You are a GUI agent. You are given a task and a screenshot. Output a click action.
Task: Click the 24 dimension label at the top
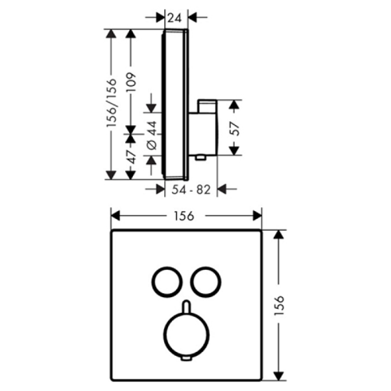[x=174, y=18]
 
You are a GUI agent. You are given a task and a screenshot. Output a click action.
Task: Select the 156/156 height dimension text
[x=111, y=103]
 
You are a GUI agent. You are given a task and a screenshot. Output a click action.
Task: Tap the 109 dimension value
[x=130, y=82]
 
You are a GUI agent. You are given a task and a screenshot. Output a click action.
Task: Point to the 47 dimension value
[x=131, y=157]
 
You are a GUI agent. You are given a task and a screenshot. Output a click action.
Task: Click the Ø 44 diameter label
[x=152, y=135]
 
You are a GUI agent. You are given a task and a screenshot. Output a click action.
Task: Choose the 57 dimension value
[x=235, y=129]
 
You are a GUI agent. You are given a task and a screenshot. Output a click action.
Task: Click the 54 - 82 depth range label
[x=191, y=190]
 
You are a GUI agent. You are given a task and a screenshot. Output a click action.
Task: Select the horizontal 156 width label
[x=184, y=216]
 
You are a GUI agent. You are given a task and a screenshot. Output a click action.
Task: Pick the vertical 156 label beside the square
[x=279, y=306]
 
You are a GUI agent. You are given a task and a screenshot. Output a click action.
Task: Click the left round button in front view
[x=167, y=282]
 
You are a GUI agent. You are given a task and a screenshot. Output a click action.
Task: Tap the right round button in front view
[x=206, y=282]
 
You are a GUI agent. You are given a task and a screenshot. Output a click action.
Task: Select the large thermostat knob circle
[x=186, y=335]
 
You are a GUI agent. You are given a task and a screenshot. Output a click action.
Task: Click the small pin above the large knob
[x=186, y=307]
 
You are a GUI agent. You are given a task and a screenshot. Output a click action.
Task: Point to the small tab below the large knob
[x=187, y=359]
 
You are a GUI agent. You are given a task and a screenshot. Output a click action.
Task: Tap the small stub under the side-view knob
[x=200, y=157]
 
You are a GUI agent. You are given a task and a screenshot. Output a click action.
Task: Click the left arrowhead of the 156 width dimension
[x=115, y=216]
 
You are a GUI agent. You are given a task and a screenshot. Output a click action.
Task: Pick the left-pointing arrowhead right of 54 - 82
[x=222, y=189]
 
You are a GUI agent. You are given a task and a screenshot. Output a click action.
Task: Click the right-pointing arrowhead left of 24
[x=161, y=18]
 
